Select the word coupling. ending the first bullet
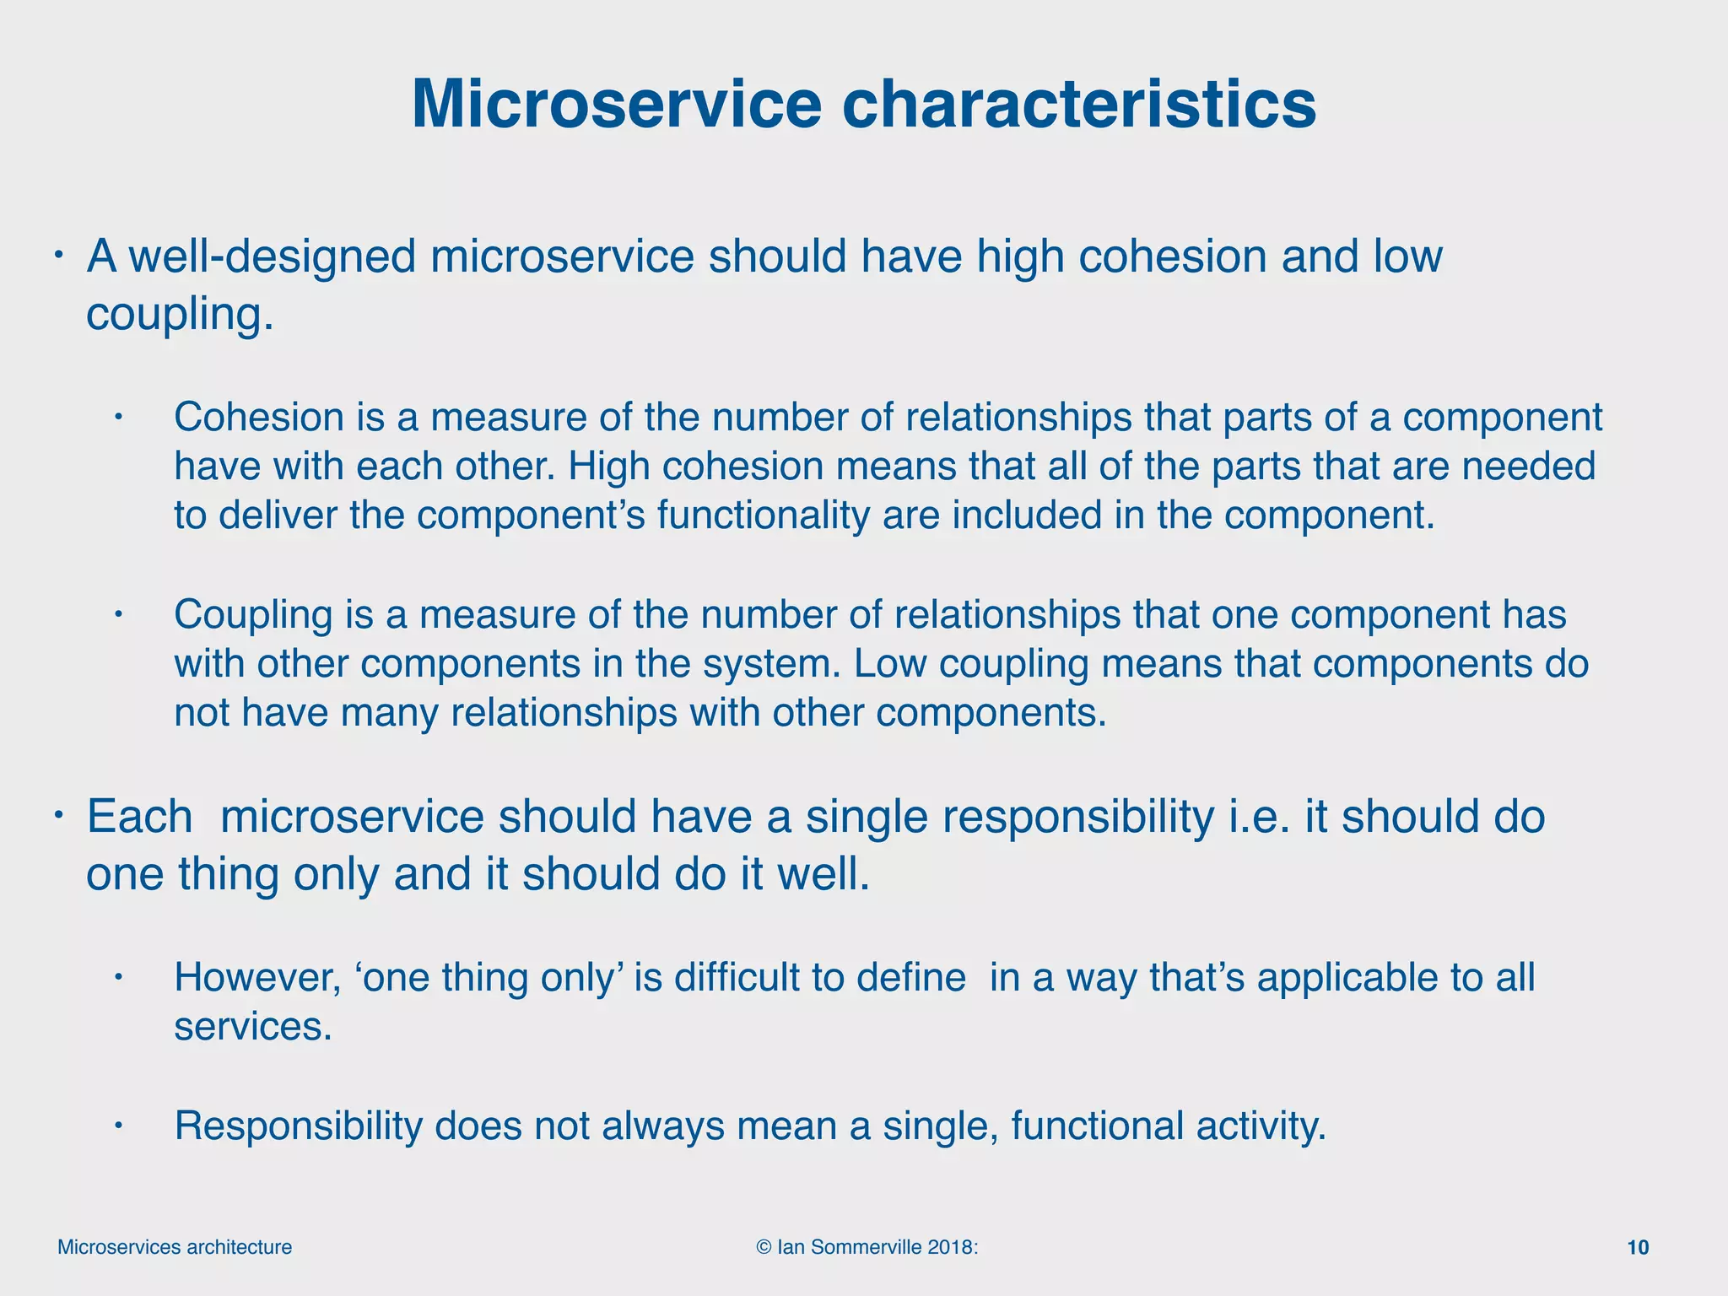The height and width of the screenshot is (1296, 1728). click(180, 315)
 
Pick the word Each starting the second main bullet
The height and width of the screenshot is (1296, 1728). click(140, 817)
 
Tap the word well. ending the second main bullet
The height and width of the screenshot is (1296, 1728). click(823, 874)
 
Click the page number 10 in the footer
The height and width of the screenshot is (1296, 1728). click(1637, 1247)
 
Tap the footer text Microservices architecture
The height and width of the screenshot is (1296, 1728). click(175, 1247)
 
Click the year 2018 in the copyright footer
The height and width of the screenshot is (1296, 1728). click(950, 1247)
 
